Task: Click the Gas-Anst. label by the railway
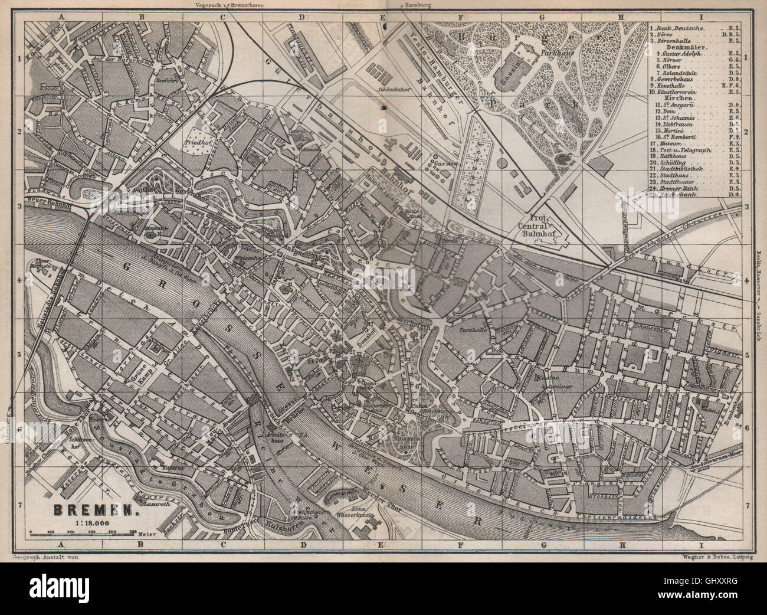[x=442, y=162]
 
